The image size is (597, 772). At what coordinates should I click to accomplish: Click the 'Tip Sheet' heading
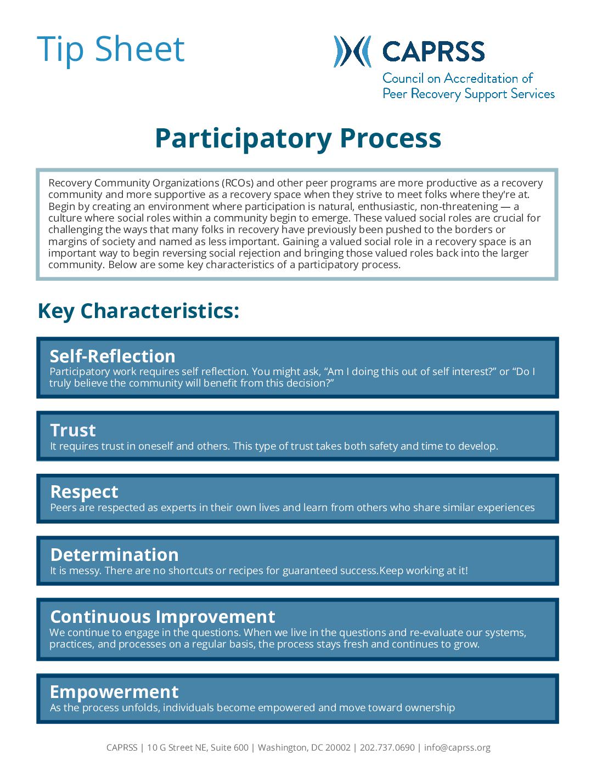click(x=111, y=49)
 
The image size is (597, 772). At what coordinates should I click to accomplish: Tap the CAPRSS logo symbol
click(x=352, y=52)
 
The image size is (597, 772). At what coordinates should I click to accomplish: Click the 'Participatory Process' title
click(x=298, y=138)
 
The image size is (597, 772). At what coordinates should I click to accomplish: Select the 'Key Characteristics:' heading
click(x=138, y=311)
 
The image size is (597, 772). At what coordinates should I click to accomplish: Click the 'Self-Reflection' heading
click(x=112, y=356)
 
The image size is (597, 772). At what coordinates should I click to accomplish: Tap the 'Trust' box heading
click(x=73, y=430)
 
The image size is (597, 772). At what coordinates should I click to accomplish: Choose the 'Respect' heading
click(x=84, y=492)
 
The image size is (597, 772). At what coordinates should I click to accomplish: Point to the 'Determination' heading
click(x=114, y=554)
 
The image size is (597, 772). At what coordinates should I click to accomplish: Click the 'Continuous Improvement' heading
click(x=162, y=617)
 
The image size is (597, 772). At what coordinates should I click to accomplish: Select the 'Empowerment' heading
click(x=114, y=692)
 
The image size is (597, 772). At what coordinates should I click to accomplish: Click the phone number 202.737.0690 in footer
click(x=387, y=747)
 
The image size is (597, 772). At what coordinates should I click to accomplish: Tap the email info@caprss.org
click(x=457, y=747)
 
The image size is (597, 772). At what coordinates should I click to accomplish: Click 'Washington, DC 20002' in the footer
click(x=304, y=747)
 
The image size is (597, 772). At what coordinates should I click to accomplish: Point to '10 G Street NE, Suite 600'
click(x=198, y=747)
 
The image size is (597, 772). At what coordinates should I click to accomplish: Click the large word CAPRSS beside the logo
click(x=433, y=52)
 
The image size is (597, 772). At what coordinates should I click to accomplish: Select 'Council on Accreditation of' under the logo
click(x=458, y=78)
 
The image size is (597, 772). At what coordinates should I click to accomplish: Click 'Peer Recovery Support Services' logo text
click(x=469, y=94)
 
